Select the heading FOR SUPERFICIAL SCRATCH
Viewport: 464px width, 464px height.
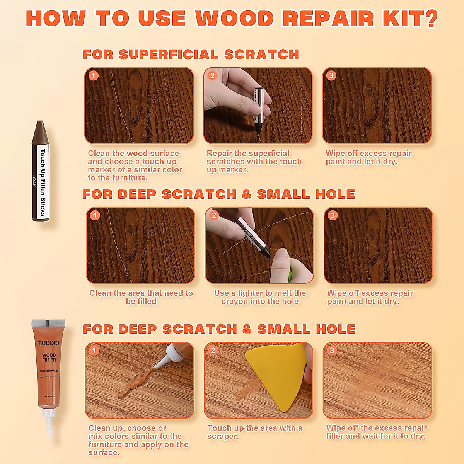coord(191,55)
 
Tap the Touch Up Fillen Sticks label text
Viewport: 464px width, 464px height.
coord(43,182)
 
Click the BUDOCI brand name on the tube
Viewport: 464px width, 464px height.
coord(49,343)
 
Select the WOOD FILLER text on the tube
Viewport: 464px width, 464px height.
coord(49,357)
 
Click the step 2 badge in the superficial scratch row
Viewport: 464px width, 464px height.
coord(212,75)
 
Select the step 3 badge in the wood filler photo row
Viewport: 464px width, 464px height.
coord(331,350)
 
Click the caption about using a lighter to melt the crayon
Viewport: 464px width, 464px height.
coord(260,297)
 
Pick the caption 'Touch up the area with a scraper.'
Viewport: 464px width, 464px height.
coord(255,432)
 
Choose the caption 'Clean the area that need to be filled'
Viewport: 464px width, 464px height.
coord(141,297)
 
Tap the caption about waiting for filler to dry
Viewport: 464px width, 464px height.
coord(376,432)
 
